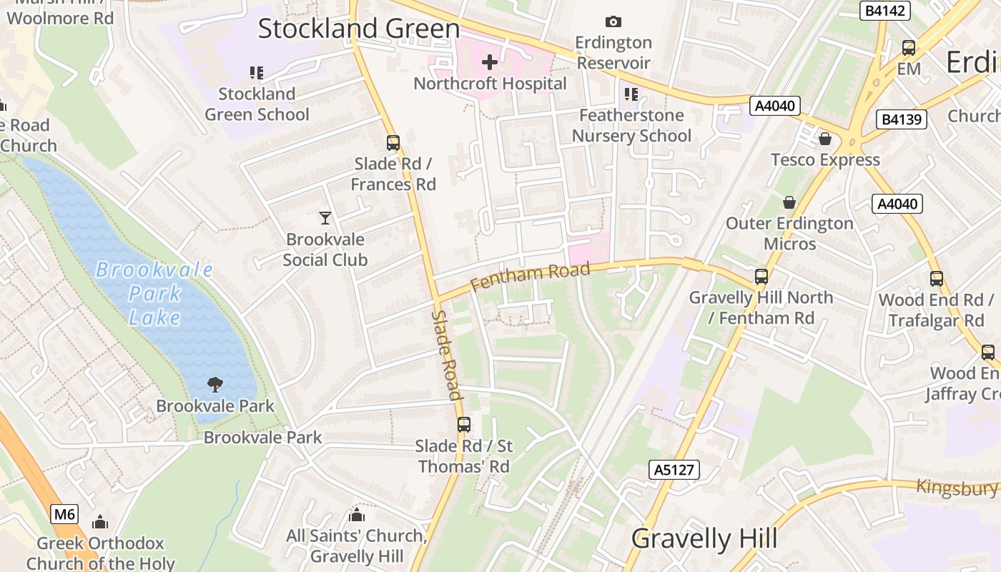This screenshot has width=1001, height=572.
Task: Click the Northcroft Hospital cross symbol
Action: tap(490, 62)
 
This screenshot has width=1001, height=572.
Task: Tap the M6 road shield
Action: tap(64, 514)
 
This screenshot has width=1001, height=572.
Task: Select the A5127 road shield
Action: tap(674, 470)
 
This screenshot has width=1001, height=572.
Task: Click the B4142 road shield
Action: tap(884, 11)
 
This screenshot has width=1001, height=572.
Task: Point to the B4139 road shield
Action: tap(902, 119)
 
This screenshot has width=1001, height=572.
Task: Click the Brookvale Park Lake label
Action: tap(154, 293)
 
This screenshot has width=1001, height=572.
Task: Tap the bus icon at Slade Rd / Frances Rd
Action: tap(393, 143)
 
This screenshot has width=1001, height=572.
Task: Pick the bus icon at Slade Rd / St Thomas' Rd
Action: tap(464, 425)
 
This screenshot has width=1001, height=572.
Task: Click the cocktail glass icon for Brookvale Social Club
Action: tap(325, 218)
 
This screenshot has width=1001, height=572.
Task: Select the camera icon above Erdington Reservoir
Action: tap(613, 22)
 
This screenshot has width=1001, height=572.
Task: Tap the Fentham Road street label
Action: tap(531, 276)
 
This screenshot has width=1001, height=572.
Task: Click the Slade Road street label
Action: tap(446, 355)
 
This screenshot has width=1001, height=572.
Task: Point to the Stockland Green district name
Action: tap(358, 29)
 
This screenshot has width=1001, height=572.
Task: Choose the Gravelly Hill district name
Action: tap(704, 538)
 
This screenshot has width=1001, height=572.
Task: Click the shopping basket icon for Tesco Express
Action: tap(825, 139)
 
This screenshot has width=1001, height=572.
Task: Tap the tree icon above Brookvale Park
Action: tap(214, 385)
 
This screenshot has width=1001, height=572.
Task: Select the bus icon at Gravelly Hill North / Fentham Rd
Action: tap(761, 277)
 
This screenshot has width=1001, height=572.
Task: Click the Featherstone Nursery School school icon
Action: tap(631, 94)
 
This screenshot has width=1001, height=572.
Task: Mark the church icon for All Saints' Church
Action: tap(357, 515)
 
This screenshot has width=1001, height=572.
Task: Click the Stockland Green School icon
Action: tap(257, 73)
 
